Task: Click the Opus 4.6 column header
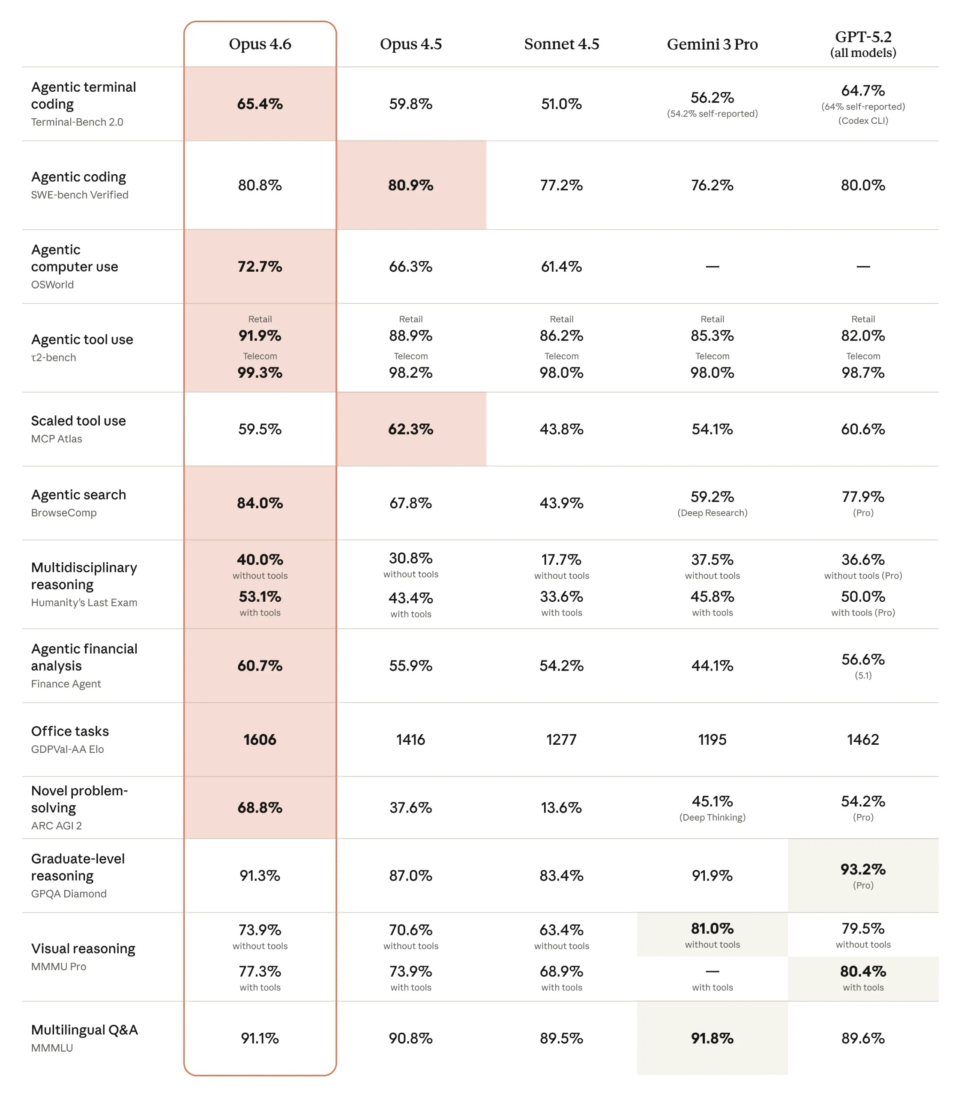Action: pyautogui.click(x=260, y=44)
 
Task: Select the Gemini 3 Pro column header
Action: pyautogui.click(x=712, y=44)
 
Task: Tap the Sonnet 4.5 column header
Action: pyautogui.click(x=562, y=44)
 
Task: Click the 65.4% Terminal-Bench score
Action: pyautogui.click(x=260, y=104)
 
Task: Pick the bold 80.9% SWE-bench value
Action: pyautogui.click(x=411, y=185)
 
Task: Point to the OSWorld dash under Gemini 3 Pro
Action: pyautogui.click(x=712, y=267)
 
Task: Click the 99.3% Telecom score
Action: pyautogui.click(x=260, y=372)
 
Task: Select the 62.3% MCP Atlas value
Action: pyautogui.click(x=411, y=429)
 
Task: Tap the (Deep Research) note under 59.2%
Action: pyautogui.click(x=712, y=513)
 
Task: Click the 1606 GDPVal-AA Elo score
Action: pyautogui.click(x=260, y=739)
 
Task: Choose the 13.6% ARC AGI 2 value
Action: pyautogui.click(x=562, y=807)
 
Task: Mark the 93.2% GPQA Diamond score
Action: pyautogui.click(x=863, y=869)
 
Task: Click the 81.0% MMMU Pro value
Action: pyautogui.click(x=712, y=928)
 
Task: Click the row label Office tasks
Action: pyautogui.click(x=70, y=731)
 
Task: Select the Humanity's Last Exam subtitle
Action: pyautogui.click(x=84, y=602)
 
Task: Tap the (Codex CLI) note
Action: pyautogui.click(x=863, y=121)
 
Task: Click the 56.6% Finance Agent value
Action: pyautogui.click(x=863, y=659)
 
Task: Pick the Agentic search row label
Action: pyautogui.click(x=78, y=495)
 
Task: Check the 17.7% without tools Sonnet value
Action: pyautogui.click(x=562, y=560)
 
